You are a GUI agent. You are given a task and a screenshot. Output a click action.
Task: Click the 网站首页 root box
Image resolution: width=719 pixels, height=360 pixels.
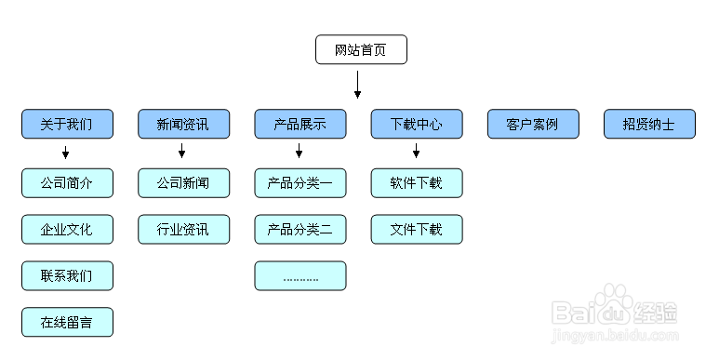(361, 49)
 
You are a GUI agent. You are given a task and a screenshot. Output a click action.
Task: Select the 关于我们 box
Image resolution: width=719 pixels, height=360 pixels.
(67, 124)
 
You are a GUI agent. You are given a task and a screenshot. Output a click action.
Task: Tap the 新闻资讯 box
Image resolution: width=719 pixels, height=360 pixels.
(183, 124)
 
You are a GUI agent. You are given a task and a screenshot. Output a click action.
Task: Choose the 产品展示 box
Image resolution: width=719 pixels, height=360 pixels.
(300, 124)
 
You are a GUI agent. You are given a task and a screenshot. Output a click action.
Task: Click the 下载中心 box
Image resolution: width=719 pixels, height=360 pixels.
(416, 124)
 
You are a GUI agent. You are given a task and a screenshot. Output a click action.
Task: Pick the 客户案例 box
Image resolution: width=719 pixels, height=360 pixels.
(533, 124)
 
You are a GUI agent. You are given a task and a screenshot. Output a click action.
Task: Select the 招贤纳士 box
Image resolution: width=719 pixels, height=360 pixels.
(649, 124)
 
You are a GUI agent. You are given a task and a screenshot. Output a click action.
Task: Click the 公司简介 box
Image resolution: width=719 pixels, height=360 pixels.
(67, 183)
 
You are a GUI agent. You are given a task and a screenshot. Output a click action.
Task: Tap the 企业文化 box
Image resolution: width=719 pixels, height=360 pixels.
(67, 229)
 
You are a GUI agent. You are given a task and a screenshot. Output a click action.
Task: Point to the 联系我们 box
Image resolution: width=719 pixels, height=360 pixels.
(67, 275)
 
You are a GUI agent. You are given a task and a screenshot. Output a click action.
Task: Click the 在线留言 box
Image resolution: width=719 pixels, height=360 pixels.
(67, 322)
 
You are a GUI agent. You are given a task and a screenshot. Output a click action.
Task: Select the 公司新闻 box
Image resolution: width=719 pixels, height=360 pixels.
(183, 183)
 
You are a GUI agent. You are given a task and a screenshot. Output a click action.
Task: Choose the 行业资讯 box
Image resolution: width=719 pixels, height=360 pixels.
(183, 229)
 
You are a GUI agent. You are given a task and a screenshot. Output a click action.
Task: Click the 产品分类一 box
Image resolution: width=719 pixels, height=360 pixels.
(300, 183)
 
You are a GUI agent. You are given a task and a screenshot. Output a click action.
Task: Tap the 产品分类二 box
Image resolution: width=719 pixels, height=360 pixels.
(300, 229)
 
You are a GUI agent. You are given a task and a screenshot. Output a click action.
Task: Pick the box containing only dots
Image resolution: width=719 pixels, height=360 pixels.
(300, 275)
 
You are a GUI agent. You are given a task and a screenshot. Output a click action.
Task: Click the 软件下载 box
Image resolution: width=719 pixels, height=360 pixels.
(416, 183)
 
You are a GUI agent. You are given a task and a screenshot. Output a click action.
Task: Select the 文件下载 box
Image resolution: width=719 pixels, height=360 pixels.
(416, 229)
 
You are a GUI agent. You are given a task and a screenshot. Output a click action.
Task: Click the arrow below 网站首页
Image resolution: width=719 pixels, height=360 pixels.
(357, 85)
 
